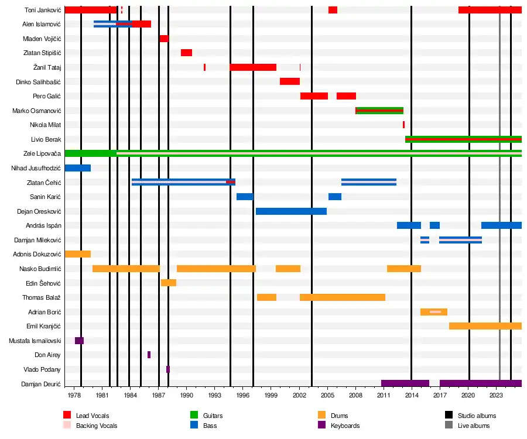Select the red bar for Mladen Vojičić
163,39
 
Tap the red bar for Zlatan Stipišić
186,53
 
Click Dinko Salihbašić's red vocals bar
289,81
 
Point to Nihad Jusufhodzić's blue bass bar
77,168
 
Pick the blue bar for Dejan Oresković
291,211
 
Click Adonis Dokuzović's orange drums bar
77,254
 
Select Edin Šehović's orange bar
169,283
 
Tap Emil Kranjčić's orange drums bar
485,326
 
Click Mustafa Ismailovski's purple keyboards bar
79,341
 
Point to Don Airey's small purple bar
149,355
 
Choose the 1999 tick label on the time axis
271,396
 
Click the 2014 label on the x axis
412,396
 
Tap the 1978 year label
74,396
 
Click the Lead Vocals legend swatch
67,416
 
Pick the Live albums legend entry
473,426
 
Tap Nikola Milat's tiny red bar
403,125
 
